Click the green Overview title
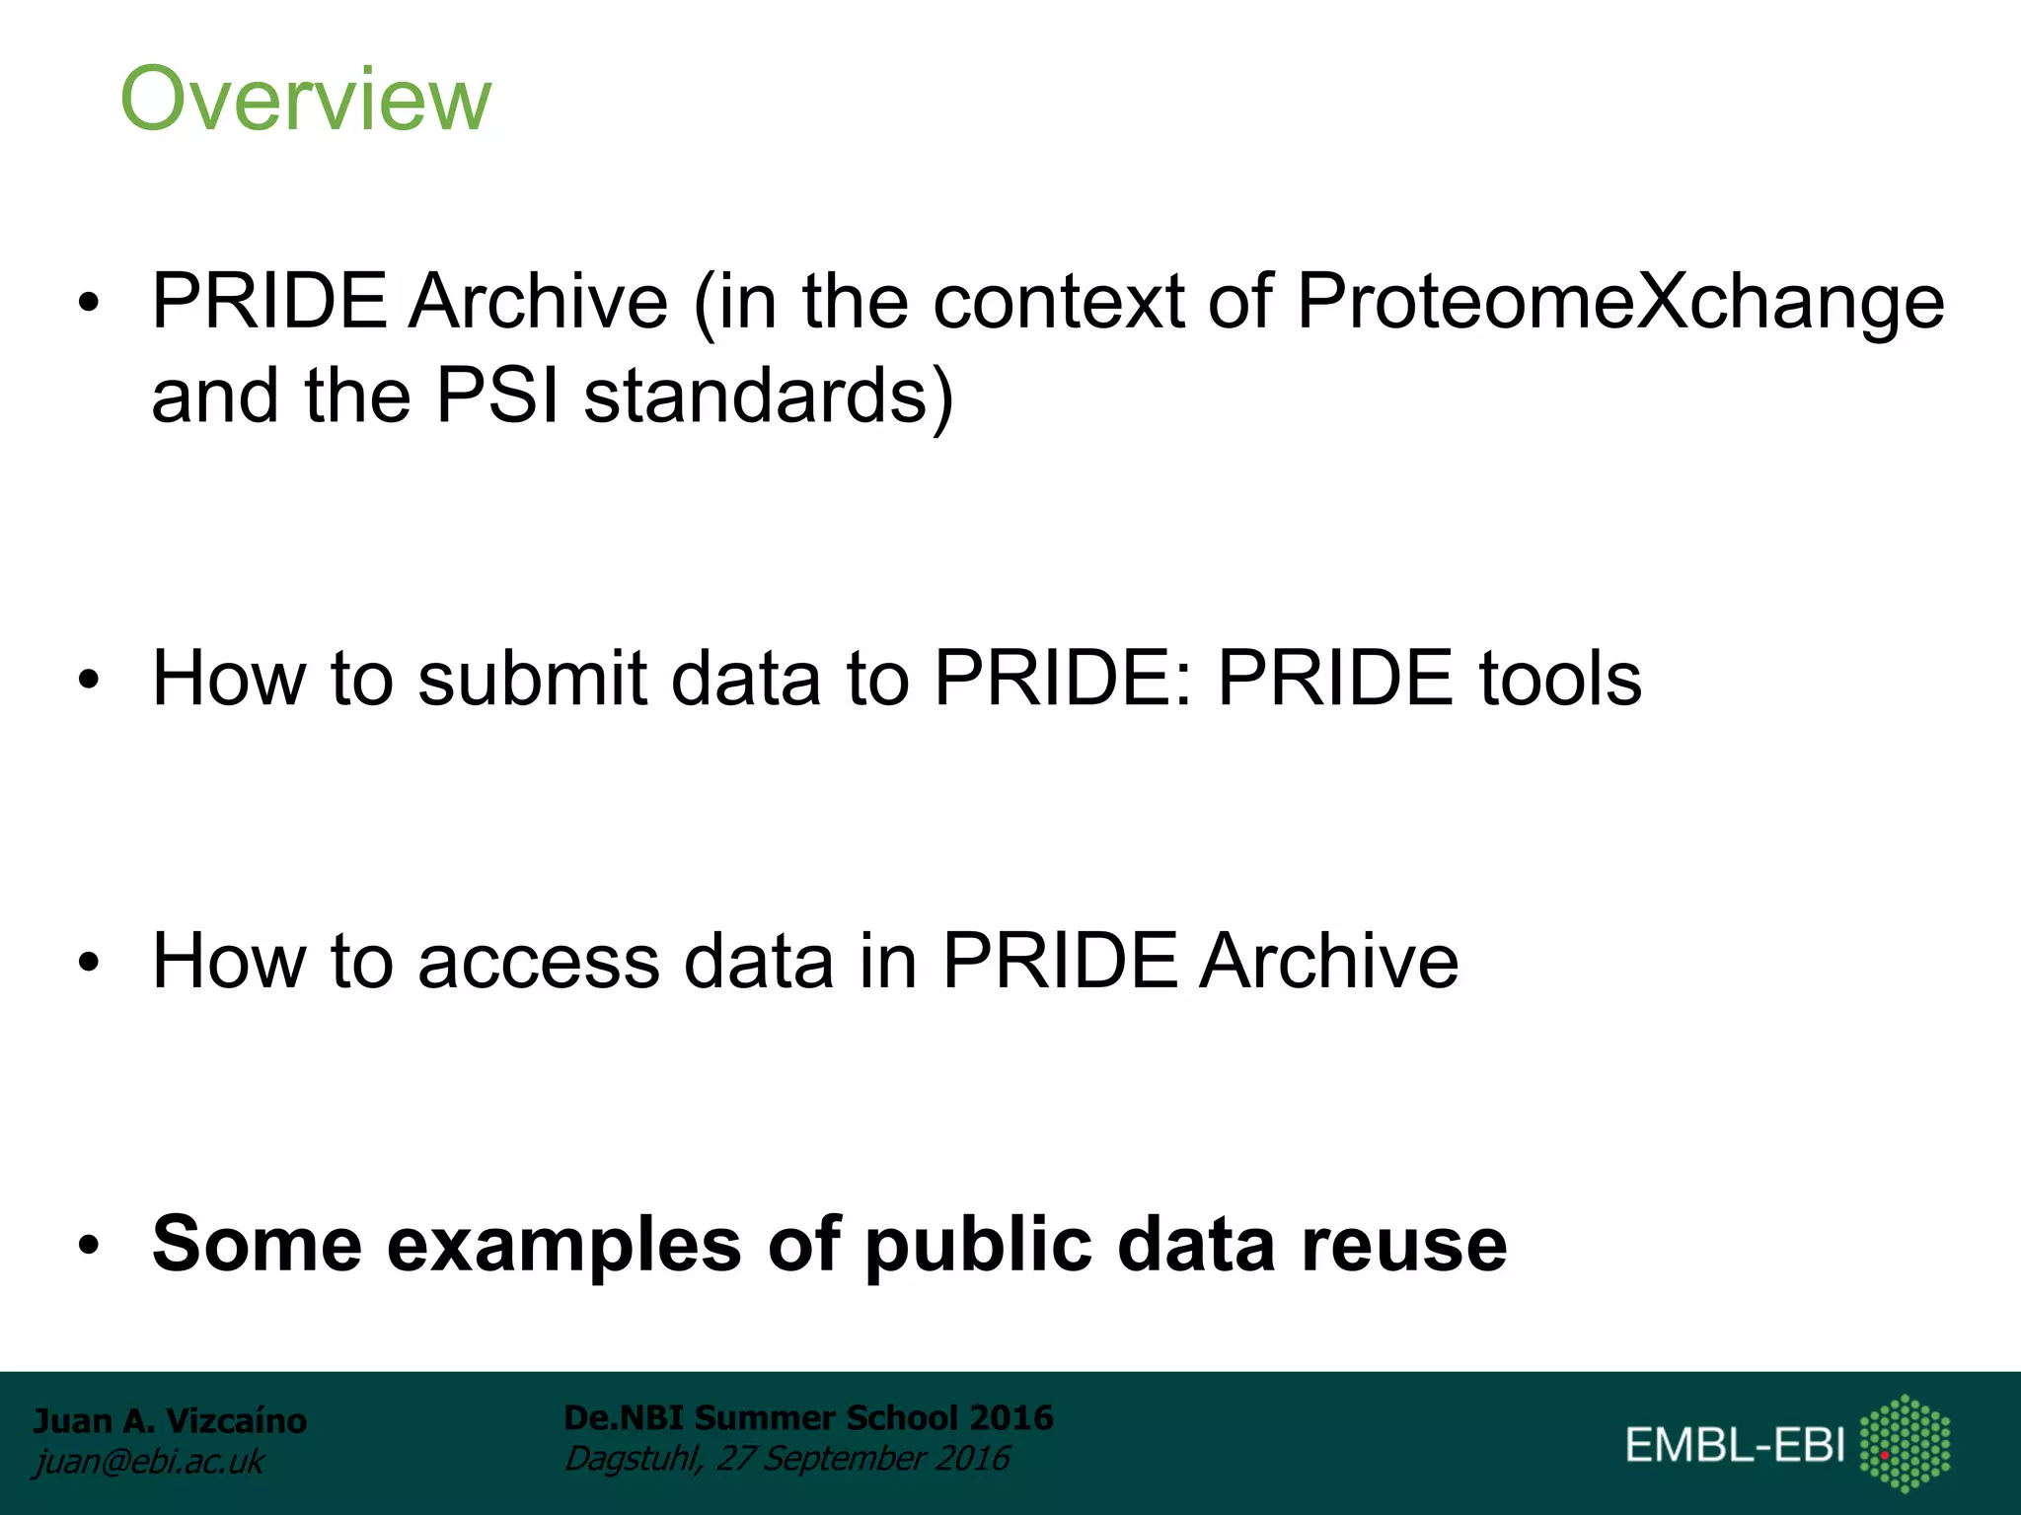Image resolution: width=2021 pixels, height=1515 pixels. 305,99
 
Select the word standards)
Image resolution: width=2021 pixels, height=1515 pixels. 768,396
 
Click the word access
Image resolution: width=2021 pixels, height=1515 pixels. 539,962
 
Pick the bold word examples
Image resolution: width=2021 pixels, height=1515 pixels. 563,1245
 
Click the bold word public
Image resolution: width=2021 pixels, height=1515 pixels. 978,1245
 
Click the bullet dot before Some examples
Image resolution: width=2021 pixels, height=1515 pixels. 90,1246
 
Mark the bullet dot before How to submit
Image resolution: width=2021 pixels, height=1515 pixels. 90,680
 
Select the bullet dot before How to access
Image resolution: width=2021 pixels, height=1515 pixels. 90,963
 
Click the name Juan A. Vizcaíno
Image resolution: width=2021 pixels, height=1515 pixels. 170,1420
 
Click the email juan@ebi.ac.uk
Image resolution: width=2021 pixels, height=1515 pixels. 149,1462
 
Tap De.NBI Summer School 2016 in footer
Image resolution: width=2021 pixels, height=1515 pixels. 808,1417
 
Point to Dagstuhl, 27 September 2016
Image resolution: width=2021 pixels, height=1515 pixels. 786,1458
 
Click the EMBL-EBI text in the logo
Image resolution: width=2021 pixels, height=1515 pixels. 1735,1445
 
